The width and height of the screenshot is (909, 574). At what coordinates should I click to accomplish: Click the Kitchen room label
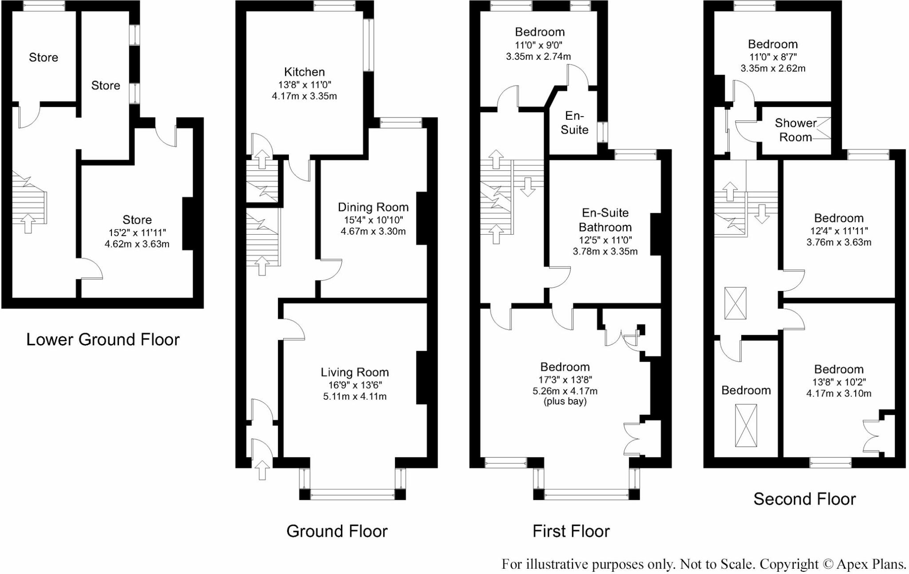(304, 72)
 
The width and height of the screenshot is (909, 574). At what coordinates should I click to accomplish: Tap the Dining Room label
(373, 207)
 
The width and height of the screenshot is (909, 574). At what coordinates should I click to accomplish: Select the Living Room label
(355, 372)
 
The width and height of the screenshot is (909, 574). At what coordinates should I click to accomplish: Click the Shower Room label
(796, 130)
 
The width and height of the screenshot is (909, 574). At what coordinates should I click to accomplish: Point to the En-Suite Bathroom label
(605, 220)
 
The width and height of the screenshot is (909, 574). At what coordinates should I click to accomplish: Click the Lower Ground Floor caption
(103, 339)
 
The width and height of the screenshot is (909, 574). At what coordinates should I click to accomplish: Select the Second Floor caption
(804, 499)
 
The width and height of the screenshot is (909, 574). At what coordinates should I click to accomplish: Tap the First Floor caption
(571, 531)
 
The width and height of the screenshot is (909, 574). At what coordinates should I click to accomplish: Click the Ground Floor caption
(337, 531)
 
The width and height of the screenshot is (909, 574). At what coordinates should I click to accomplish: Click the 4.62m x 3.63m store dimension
(137, 244)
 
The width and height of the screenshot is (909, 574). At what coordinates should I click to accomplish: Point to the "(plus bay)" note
(565, 401)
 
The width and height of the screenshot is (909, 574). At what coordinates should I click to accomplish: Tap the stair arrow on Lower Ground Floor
(28, 223)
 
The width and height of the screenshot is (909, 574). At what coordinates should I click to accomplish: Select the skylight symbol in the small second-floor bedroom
(746, 425)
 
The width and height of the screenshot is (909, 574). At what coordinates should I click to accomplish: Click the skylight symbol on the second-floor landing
(735, 303)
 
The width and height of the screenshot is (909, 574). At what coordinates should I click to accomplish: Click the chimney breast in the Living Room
(421, 378)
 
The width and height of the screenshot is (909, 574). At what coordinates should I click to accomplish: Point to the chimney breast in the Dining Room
(421, 218)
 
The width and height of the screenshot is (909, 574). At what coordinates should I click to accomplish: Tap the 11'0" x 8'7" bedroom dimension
(773, 57)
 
